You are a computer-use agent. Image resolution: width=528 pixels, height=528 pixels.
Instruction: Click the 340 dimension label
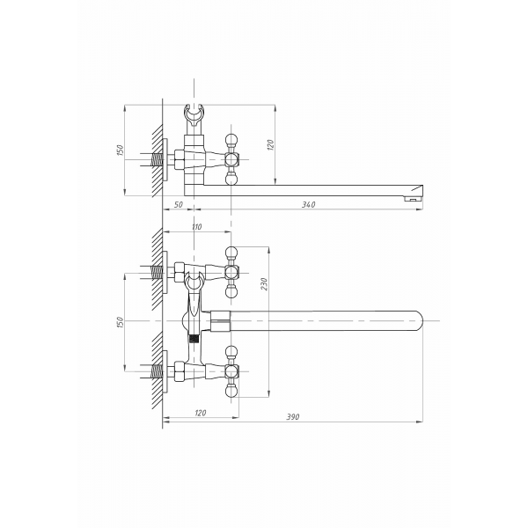coord(309,205)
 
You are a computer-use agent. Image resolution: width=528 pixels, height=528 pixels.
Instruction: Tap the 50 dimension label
coord(179,205)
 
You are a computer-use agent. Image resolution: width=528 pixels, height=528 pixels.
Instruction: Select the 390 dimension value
coord(293,417)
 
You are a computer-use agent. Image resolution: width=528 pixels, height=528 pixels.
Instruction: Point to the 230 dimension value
coord(264,284)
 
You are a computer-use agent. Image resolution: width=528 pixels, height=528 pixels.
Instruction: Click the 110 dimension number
coord(196,227)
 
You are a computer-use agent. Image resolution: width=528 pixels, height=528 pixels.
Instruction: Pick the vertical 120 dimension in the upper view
coord(271,145)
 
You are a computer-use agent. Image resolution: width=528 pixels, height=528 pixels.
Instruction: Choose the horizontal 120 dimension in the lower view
coord(201,413)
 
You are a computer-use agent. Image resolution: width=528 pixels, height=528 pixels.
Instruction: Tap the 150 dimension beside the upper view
coord(121,150)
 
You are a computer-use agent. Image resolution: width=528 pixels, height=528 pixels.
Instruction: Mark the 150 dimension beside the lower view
coord(121,322)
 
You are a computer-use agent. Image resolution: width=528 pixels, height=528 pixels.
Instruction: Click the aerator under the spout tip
coord(412,199)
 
